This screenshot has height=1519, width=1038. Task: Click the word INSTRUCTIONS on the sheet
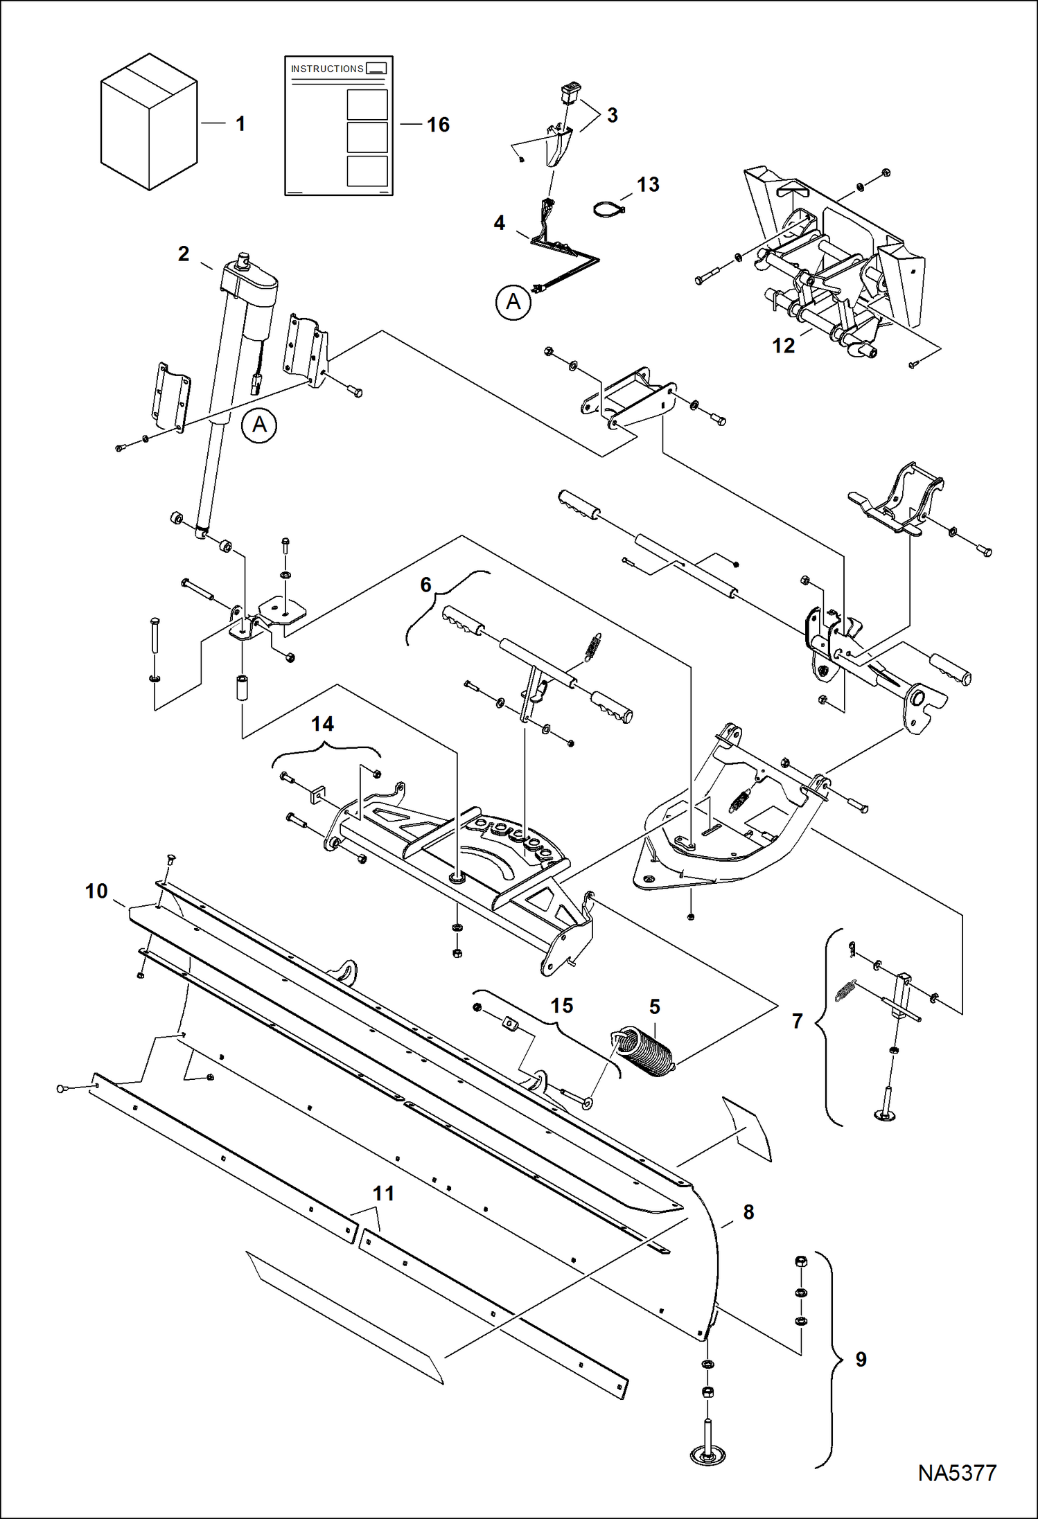(x=327, y=69)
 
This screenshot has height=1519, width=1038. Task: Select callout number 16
(x=438, y=125)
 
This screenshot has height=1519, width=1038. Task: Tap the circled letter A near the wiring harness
(x=513, y=302)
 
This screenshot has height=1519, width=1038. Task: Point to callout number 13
(x=648, y=185)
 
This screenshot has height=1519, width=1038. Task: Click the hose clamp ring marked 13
(x=608, y=208)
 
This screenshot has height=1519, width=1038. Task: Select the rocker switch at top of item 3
(x=571, y=91)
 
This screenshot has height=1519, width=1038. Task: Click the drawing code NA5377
(x=957, y=1473)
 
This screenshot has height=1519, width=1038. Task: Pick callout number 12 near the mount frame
(x=783, y=346)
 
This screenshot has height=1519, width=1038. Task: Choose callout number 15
(x=561, y=1006)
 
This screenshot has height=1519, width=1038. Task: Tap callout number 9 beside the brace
(x=861, y=1360)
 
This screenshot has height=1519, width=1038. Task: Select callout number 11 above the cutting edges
(x=383, y=1193)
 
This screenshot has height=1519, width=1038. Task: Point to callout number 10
(x=96, y=891)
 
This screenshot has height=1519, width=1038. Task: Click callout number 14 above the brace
(x=322, y=724)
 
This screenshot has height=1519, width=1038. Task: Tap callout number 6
(x=426, y=585)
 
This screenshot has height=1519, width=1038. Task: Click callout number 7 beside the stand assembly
(x=798, y=1021)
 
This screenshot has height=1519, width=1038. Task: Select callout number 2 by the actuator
(x=183, y=254)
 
